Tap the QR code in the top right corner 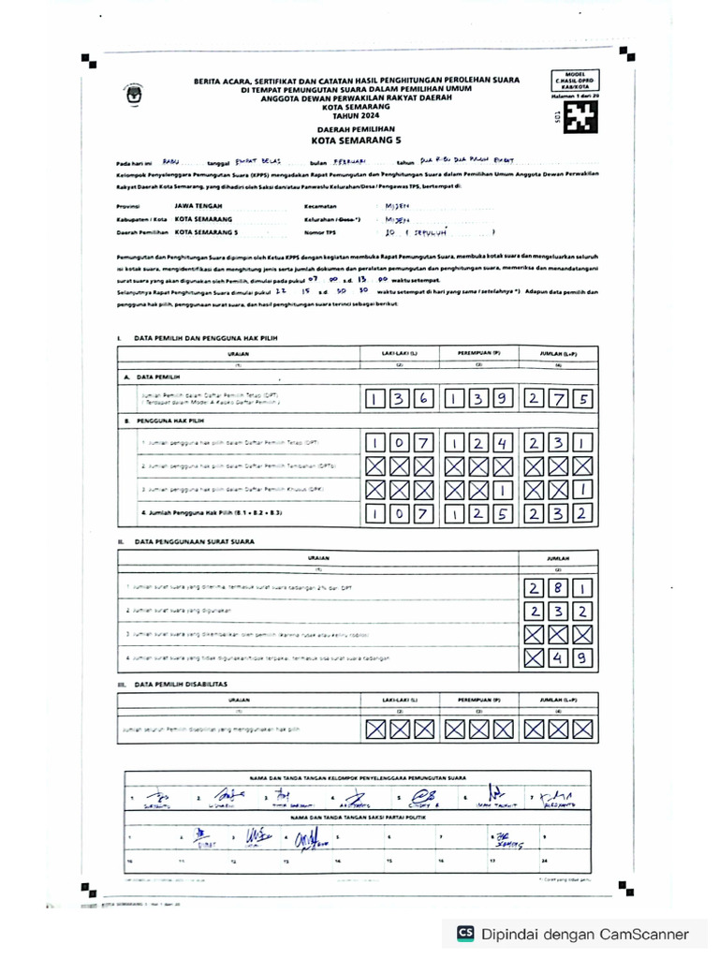pos(585,115)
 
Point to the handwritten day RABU pos(169,160)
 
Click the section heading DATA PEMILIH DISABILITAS pos(183,685)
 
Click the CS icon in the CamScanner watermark pos(465,933)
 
